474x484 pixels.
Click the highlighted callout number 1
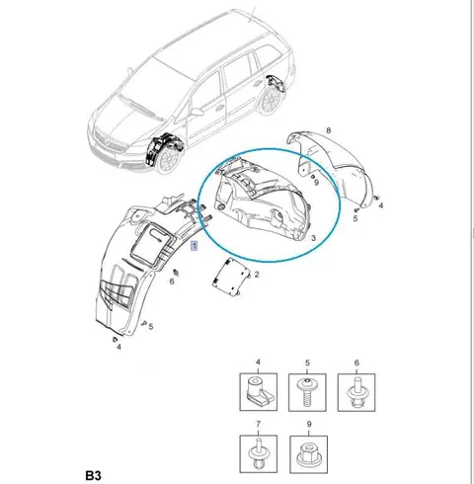pyautogui.click(x=195, y=246)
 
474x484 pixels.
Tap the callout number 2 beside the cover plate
pyautogui.click(x=257, y=275)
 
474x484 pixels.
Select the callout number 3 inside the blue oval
pyautogui.click(x=313, y=238)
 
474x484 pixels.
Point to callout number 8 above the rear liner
pyautogui.click(x=328, y=130)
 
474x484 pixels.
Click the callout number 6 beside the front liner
pyautogui.click(x=172, y=282)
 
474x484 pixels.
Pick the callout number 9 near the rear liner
pyautogui.click(x=316, y=182)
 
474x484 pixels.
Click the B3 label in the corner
pyautogui.click(x=94, y=475)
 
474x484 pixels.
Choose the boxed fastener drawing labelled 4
pyautogui.click(x=258, y=392)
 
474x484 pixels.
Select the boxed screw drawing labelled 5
pyautogui.click(x=307, y=392)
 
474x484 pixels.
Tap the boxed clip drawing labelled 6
pyautogui.click(x=356, y=392)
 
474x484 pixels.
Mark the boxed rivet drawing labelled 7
pyautogui.click(x=258, y=454)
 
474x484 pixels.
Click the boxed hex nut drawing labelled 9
pyautogui.click(x=308, y=454)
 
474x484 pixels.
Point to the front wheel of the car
pyautogui.click(x=168, y=162)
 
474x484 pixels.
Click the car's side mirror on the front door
pyautogui.click(x=197, y=112)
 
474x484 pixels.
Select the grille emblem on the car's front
pyautogui.click(x=107, y=141)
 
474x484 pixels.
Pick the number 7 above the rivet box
pyautogui.click(x=258, y=424)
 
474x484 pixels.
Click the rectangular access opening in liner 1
pyautogui.click(x=152, y=241)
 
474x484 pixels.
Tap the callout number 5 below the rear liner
pyautogui.click(x=355, y=218)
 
